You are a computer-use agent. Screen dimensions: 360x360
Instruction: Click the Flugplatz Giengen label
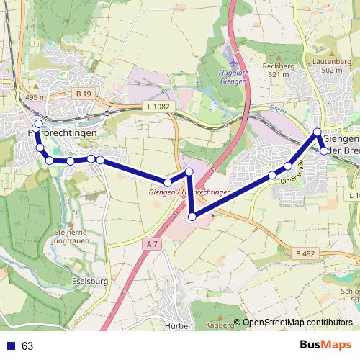point(232,77)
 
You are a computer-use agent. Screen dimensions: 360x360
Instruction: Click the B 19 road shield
point(84,94)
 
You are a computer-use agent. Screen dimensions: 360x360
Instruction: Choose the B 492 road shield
point(305,253)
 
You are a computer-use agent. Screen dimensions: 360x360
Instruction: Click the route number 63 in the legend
point(27,346)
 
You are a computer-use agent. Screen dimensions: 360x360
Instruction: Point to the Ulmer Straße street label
point(293,172)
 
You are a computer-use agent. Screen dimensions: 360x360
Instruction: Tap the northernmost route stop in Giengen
point(317,132)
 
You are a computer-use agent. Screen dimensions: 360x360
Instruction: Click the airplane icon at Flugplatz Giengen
point(230,55)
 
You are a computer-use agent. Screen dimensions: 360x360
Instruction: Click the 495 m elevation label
point(34,98)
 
